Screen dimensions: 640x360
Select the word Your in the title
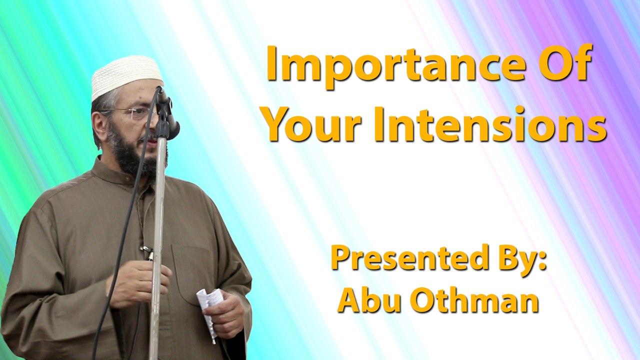[317, 125]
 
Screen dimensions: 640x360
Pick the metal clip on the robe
[147, 253]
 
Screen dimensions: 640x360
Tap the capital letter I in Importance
[272, 63]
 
